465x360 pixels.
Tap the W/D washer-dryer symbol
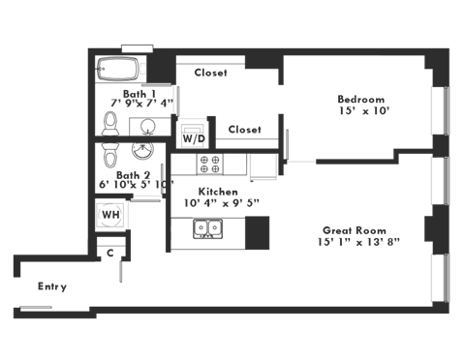pyautogui.click(x=189, y=134)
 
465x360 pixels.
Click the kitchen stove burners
pyautogui.click(x=208, y=161)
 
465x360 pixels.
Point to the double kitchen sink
pyautogui.click(x=207, y=228)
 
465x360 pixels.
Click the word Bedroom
pyautogui.click(x=360, y=100)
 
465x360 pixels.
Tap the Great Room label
pyautogui.click(x=356, y=230)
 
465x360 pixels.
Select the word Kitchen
pyautogui.click(x=214, y=192)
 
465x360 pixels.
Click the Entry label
pyautogui.click(x=50, y=286)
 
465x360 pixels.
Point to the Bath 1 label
pyautogui.click(x=126, y=92)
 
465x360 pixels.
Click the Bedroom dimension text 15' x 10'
pyautogui.click(x=362, y=111)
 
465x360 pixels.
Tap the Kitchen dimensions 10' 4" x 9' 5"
pyautogui.click(x=214, y=203)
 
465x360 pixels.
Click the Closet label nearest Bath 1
pyautogui.click(x=210, y=73)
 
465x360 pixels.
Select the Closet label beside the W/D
pyautogui.click(x=244, y=129)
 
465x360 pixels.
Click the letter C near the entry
pyautogui.click(x=110, y=252)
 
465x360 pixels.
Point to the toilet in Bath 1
pyautogui.click(x=109, y=124)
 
